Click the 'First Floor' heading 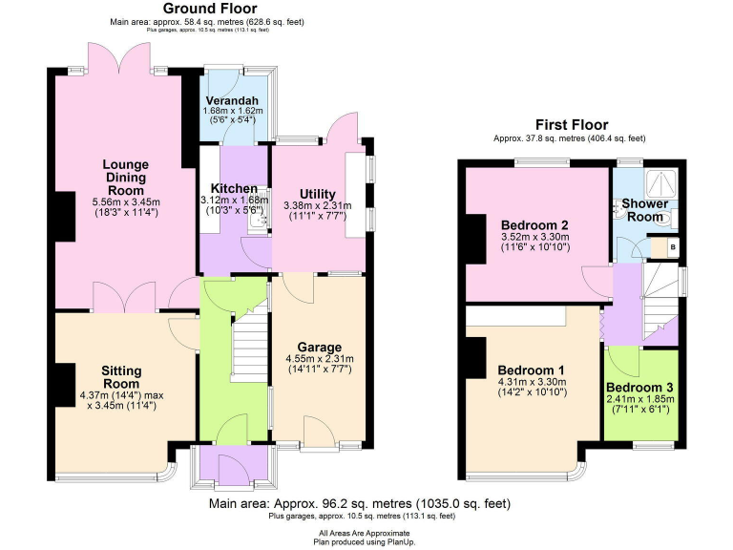click(571, 125)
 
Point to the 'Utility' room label click(317, 194)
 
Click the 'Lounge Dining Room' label click(125, 177)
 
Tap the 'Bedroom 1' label click(532, 370)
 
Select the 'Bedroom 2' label click(534, 225)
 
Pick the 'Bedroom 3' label click(639, 388)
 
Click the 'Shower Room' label click(645, 210)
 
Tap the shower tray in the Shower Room click(660, 183)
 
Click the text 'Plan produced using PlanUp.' click(366, 540)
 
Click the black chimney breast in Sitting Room click(64, 385)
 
